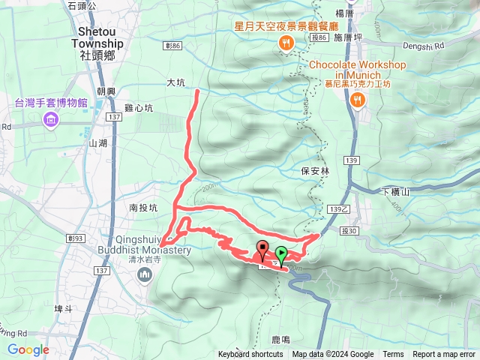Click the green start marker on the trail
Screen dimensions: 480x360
(281, 253)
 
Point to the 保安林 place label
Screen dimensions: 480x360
(315, 171)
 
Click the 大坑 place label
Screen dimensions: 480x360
(175, 83)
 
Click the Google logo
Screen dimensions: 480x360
(28, 349)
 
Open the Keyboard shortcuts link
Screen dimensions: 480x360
(250, 355)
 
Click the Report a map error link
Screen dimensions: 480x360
(445, 355)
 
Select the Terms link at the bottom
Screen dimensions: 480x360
(393, 355)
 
